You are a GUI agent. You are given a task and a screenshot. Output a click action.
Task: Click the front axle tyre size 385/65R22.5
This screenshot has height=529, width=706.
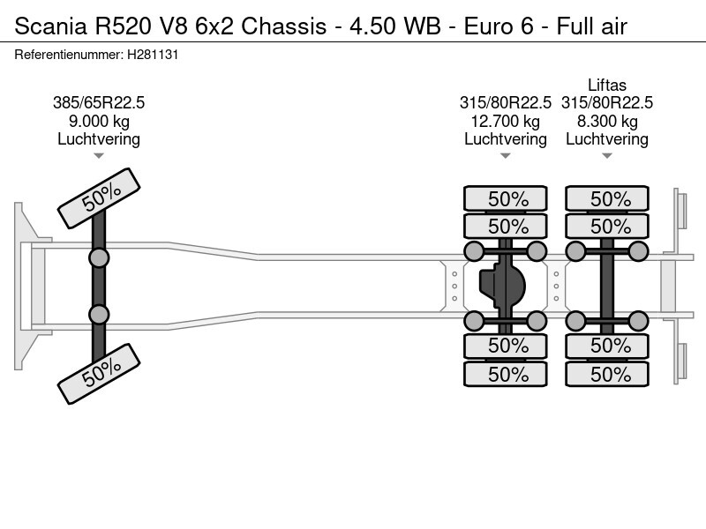pos(99,102)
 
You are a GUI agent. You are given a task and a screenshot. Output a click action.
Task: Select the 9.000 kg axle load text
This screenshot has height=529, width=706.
pos(99,121)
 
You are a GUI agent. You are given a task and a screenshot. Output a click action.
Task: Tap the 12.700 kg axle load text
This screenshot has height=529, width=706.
pos(506,121)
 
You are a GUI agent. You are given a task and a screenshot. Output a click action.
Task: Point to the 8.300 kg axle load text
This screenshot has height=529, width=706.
pos(607,121)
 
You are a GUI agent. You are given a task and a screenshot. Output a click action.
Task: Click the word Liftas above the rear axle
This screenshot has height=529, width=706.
pos(607,85)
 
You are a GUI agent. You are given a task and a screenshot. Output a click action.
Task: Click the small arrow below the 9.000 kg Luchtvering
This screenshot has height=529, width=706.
pos(99,156)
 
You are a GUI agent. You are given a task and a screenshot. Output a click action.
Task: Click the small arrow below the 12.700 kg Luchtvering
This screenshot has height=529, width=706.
pos(506,156)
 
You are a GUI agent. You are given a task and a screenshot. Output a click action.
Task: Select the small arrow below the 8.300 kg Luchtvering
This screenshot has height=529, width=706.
pos(607,156)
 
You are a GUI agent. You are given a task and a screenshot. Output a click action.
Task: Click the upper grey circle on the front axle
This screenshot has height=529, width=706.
pos(99,257)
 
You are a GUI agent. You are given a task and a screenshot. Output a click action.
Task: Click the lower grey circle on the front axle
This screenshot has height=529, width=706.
pos(99,314)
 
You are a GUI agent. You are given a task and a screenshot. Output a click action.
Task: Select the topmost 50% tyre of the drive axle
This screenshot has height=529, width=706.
pos(507,199)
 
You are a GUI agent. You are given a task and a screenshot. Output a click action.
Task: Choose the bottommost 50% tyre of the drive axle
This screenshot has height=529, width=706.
pos(507,374)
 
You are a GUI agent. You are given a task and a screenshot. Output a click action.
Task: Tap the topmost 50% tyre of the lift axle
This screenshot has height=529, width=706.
pos(607,199)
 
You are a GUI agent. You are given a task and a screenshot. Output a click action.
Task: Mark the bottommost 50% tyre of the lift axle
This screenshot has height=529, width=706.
pos(607,374)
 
